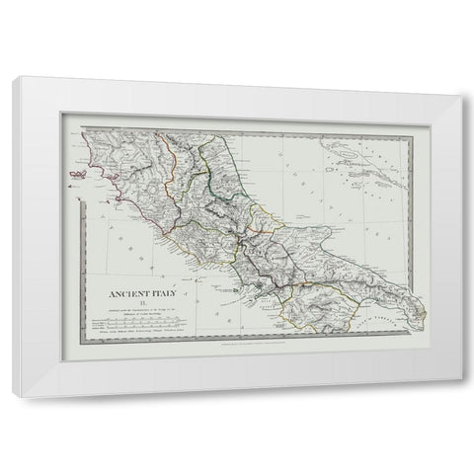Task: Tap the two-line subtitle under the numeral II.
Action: pos(143,314)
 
